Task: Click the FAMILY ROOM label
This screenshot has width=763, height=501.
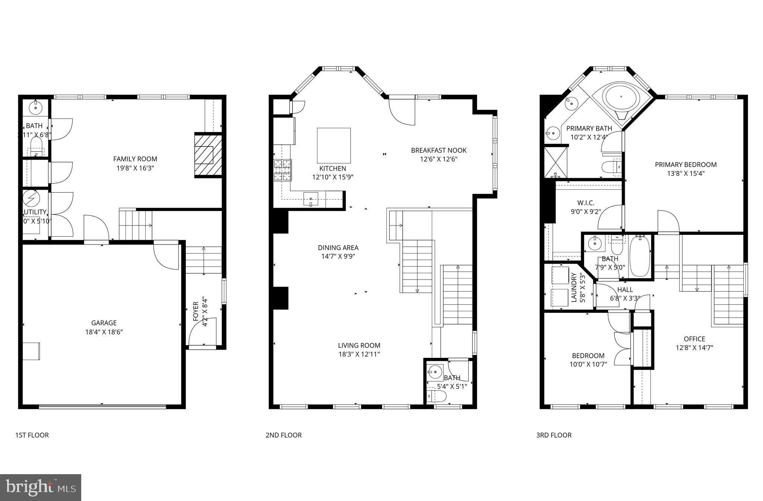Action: tap(135, 159)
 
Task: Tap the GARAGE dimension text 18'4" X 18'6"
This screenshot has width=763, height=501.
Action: tap(104, 332)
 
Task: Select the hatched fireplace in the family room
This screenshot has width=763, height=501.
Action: tap(208, 155)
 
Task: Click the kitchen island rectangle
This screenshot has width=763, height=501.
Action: tap(333, 145)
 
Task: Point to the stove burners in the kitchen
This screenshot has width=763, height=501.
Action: tap(283, 170)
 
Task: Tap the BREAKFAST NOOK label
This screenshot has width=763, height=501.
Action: tap(439, 150)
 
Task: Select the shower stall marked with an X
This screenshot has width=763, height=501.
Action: tap(555, 162)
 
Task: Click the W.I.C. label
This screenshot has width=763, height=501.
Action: tap(586, 203)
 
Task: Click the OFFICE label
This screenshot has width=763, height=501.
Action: tap(694, 339)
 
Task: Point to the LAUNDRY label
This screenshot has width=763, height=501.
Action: tap(574, 287)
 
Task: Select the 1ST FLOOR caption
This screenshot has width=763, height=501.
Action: tap(32, 435)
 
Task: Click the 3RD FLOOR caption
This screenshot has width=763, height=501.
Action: tap(554, 435)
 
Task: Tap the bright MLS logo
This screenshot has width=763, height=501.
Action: tap(41, 487)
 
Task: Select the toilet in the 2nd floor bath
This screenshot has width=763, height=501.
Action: tap(437, 397)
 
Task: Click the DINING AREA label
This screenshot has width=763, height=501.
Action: tap(338, 248)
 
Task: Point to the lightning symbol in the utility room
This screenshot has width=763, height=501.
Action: tap(31, 198)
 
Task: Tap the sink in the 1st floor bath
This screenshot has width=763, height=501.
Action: tap(36, 107)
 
